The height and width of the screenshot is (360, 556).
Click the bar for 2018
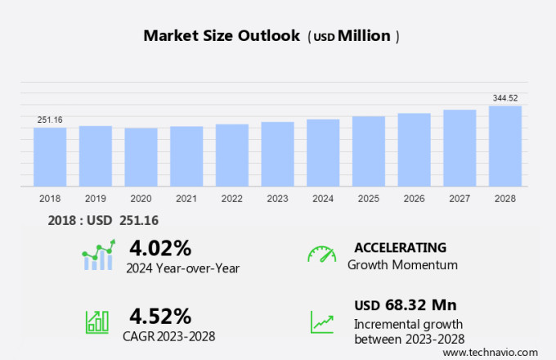tap(50, 157)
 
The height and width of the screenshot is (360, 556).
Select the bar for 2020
tap(141, 157)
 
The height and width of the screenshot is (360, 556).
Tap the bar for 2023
tap(278, 155)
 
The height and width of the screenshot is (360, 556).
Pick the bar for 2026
tap(415, 150)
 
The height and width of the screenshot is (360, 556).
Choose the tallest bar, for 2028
tap(505, 146)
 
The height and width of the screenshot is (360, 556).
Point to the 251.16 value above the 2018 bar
tap(50, 120)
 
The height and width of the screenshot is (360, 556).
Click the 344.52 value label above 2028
tap(505, 98)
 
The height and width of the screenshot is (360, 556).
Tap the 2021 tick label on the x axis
tap(186, 199)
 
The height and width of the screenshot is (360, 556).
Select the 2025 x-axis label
tap(369, 199)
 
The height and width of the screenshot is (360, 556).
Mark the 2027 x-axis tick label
tap(460, 199)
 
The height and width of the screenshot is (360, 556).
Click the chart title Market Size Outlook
tap(222, 36)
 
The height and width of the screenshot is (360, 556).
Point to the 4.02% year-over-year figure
tap(160, 247)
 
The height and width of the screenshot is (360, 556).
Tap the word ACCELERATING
tap(400, 247)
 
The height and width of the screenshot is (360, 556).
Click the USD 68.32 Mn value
tap(405, 305)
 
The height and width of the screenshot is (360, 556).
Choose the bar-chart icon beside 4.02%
tap(98, 255)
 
